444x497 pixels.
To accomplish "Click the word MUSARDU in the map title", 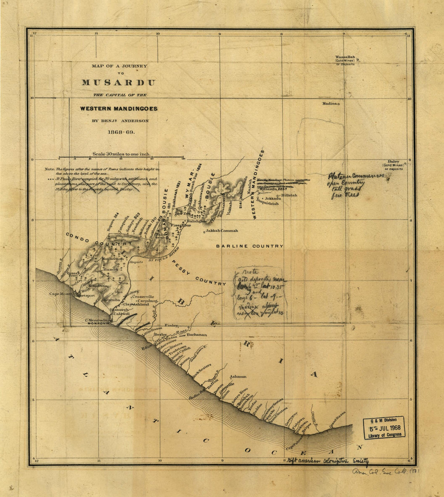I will click(x=119, y=83).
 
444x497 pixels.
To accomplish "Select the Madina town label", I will click(x=329, y=104).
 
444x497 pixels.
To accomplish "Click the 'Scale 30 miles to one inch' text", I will click(x=121, y=154).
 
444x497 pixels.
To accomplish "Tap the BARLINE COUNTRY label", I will click(x=249, y=246).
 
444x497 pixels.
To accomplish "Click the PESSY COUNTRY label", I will click(x=199, y=273).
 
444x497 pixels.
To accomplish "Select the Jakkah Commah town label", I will click(x=222, y=231).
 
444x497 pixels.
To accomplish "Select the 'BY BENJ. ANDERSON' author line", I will click(x=120, y=121).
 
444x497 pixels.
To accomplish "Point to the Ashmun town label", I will click(x=238, y=377).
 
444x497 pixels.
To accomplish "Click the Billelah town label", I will click(x=289, y=195).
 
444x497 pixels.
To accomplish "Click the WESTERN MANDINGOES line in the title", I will click(x=119, y=109).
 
